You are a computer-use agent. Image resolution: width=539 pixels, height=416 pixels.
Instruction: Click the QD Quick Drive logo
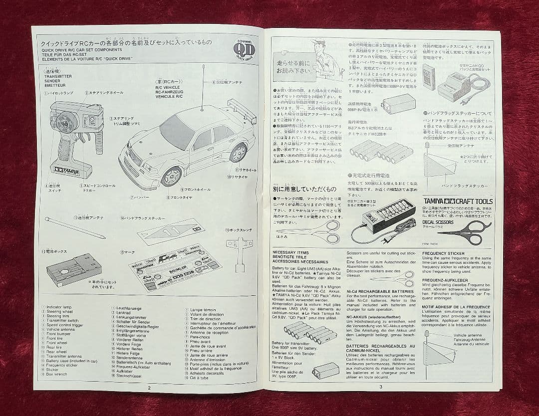[x=244, y=48]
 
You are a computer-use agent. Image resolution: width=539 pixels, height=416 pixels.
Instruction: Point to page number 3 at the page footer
[x=380, y=386]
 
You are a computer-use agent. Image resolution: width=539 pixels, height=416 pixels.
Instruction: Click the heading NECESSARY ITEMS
[x=290, y=253]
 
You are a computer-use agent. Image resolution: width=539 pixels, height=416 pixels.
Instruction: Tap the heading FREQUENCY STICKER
[x=442, y=253]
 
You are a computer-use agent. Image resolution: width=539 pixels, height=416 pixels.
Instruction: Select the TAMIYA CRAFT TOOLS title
[x=457, y=201]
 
